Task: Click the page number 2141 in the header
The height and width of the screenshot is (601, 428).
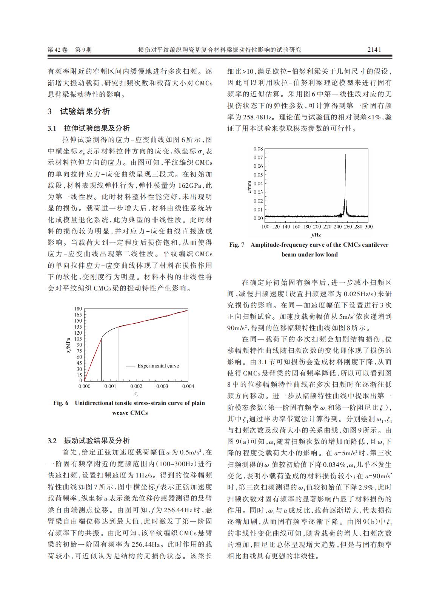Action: [374, 49]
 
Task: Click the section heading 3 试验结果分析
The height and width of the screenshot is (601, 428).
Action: [79, 111]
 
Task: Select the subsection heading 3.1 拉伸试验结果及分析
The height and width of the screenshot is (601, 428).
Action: [89, 128]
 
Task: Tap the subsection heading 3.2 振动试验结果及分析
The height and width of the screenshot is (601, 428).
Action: [89, 441]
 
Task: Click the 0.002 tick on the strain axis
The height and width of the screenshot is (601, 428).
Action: [136, 386]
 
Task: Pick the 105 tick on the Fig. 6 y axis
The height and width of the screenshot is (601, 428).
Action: [78, 339]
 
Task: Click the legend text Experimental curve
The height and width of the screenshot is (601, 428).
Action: [158, 366]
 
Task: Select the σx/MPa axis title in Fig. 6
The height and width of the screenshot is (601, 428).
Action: [68, 345]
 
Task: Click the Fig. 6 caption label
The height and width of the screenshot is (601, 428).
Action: [61, 403]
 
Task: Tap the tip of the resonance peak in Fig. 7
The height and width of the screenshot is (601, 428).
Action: [345, 154]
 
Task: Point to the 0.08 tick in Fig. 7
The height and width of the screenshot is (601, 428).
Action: [258, 149]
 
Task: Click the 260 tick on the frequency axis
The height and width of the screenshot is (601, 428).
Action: [348, 227]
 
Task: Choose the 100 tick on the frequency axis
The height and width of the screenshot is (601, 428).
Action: [265, 227]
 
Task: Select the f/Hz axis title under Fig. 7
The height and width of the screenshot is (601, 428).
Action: [316, 235]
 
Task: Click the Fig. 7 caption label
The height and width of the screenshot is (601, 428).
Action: [237, 245]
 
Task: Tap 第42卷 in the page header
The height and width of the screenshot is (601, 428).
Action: [58, 49]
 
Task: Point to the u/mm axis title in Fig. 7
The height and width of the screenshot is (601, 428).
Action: [249, 187]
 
